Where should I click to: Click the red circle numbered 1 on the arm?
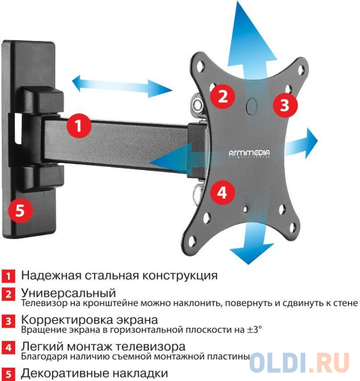pos(79,126)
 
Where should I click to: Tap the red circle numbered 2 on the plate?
pos(223,96)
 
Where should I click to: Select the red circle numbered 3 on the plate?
pos(285,105)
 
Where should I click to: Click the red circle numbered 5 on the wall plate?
pos(20,210)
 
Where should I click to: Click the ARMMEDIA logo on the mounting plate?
pos(249,153)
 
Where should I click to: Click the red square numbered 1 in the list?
pos(8,276)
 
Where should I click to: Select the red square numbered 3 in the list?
pos(8,321)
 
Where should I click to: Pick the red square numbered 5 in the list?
pos(8,374)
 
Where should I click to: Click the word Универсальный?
pos(68,293)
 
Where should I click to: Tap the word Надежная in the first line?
pos(51,276)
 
